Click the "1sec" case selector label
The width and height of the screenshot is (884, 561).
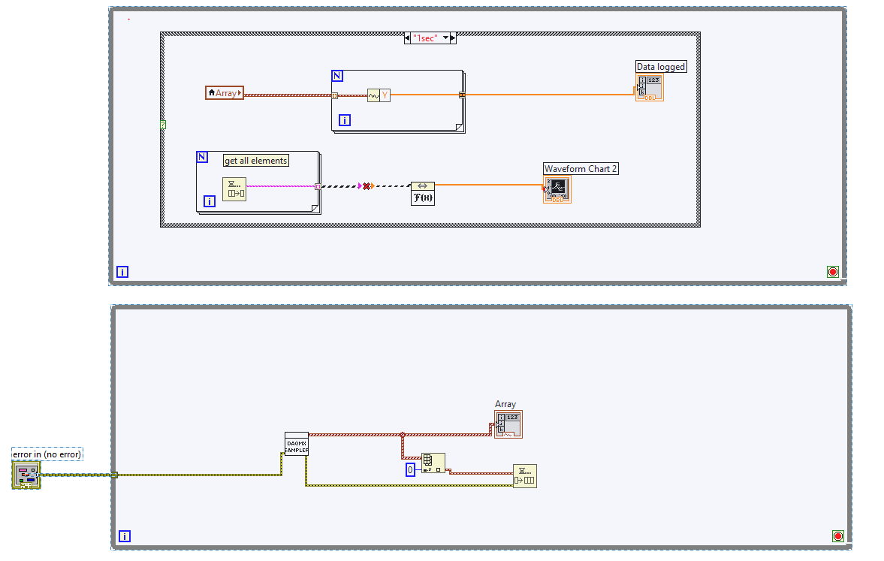pos(425,38)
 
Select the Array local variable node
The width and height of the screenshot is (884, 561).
pos(225,93)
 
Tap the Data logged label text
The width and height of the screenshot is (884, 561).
pos(661,67)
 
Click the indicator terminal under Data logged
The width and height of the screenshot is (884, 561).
pos(649,88)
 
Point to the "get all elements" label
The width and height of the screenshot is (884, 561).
pos(256,160)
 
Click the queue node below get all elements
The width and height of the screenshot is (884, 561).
pos(234,189)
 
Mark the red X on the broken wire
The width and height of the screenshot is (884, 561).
pos(367,185)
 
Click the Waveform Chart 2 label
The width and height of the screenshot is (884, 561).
pos(581,169)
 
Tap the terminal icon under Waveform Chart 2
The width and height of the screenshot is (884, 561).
pos(557,189)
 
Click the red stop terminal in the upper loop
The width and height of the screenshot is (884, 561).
pos(832,272)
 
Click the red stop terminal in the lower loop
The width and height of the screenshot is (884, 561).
pos(838,535)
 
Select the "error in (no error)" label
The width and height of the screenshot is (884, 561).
pos(47,454)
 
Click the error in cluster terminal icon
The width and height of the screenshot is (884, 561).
pos(26,475)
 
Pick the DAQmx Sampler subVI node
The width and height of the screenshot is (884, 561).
pos(296,444)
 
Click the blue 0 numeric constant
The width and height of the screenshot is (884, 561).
pos(410,469)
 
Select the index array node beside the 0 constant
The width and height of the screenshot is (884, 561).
pos(433,463)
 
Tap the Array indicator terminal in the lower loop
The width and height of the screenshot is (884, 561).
pos(508,424)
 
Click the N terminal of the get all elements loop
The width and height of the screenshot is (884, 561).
pos(202,157)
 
